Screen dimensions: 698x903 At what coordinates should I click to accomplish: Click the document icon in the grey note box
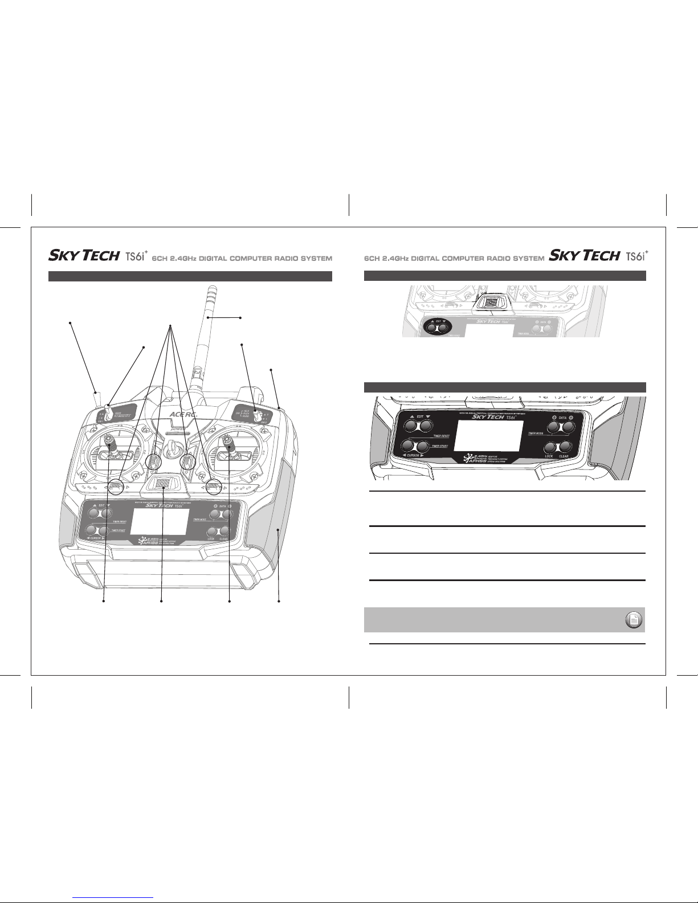(632, 620)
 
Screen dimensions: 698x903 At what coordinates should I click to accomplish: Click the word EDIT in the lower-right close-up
(421, 417)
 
